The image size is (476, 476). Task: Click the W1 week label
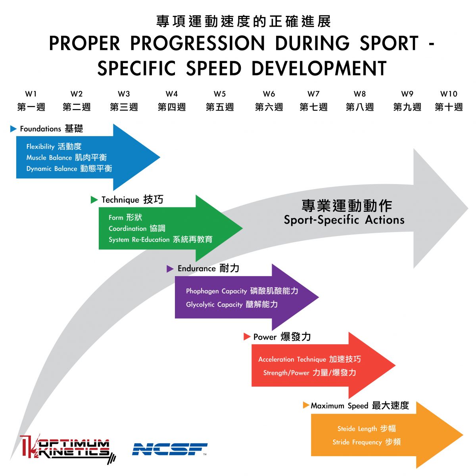click(x=31, y=94)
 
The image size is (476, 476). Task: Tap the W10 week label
click(x=449, y=94)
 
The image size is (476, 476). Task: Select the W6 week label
click(x=269, y=94)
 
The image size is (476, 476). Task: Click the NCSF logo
click(x=170, y=449)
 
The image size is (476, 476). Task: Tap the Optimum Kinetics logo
click(x=67, y=449)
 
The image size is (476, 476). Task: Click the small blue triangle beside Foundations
click(x=13, y=129)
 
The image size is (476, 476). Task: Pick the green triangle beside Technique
click(x=94, y=200)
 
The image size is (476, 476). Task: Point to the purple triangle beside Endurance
click(x=170, y=269)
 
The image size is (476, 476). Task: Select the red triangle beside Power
click(x=247, y=337)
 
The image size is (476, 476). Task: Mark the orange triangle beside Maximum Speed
click(x=306, y=405)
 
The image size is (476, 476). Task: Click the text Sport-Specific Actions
click(x=344, y=220)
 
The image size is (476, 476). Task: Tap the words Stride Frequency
click(x=357, y=442)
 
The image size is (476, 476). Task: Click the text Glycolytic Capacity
click(x=214, y=305)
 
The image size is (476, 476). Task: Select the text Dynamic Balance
click(x=52, y=169)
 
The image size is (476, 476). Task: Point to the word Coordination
click(x=128, y=228)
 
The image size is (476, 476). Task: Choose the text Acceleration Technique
click(x=292, y=359)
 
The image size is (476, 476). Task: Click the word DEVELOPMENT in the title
click(x=319, y=68)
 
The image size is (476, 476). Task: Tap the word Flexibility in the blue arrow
click(x=40, y=146)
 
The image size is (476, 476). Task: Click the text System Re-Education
click(x=139, y=240)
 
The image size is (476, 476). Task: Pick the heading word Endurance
click(x=196, y=269)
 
